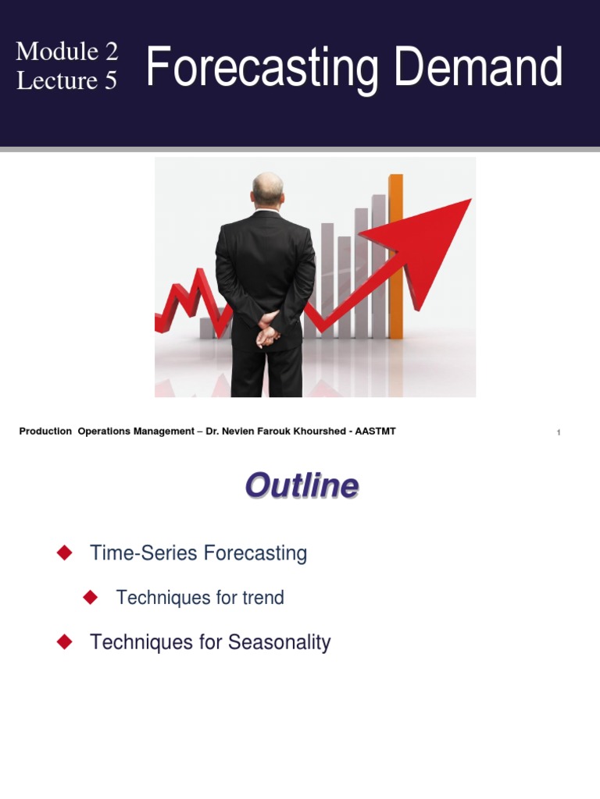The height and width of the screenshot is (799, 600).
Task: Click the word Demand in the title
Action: (x=478, y=68)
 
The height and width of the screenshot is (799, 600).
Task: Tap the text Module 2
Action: (x=67, y=51)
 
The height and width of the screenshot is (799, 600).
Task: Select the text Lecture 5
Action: (x=67, y=80)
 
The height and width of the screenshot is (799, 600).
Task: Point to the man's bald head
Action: (x=267, y=188)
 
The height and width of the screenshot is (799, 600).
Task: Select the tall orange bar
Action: (x=396, y=257)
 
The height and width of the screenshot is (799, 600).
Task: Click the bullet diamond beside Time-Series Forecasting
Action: (x=65, y=553)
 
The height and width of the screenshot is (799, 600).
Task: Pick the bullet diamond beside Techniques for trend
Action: (x=91, y=598)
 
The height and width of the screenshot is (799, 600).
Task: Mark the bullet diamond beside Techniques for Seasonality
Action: (x=65, y=642)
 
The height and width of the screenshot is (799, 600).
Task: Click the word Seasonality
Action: (x=279, y=643)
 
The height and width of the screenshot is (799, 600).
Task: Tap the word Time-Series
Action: (x=145, y=554)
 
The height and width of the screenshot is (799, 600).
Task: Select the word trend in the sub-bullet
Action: (x=263, y=598)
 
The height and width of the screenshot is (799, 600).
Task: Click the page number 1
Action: (x=559, y=433)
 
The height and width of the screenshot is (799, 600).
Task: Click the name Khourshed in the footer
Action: (x=317, y=431)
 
